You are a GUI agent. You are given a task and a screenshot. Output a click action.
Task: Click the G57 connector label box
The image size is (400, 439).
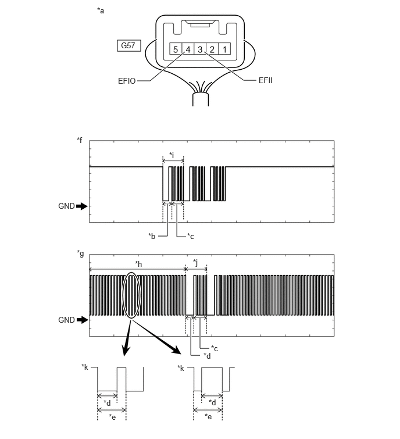point(128,45)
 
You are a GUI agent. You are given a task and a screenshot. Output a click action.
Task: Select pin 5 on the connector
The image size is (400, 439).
point(176,49)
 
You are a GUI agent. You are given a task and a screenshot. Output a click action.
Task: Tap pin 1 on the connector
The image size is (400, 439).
point(224,49)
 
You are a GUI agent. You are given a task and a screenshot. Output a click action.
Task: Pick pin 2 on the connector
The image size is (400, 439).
point(212,49)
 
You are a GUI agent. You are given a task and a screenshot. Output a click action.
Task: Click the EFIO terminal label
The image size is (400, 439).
point(127,81)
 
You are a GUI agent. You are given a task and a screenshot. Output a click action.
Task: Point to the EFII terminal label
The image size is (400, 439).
point(265,81)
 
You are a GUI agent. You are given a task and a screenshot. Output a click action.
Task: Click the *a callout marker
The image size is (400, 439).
point(101,10)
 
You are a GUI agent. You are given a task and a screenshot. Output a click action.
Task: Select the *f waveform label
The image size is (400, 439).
point(80,140)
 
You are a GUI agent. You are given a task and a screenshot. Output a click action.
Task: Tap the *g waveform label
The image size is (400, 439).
point(80,254)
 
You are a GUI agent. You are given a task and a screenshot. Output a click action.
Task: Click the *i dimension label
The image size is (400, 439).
point(172,155)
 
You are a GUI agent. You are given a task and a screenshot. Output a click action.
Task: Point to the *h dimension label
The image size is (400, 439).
point(138,264)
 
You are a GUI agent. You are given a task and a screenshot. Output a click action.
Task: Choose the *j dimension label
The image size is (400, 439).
point(195,263)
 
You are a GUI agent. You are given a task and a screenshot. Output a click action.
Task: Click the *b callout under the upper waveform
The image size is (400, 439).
point(152,236)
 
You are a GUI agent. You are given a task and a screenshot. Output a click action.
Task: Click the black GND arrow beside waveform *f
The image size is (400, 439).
point(82,206)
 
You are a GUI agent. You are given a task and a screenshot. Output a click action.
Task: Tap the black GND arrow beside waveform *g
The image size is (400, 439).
point(83,320)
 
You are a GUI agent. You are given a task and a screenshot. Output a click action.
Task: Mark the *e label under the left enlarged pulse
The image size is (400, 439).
point(112,417)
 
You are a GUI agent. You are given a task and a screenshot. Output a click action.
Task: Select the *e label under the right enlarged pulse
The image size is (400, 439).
point(208,416)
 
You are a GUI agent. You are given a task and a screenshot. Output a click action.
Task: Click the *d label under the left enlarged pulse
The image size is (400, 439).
point(107,403)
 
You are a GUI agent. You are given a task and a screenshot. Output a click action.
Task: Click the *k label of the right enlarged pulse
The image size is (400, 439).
point(181,369)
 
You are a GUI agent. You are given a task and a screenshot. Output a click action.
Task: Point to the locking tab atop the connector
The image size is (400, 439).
point(200,24)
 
